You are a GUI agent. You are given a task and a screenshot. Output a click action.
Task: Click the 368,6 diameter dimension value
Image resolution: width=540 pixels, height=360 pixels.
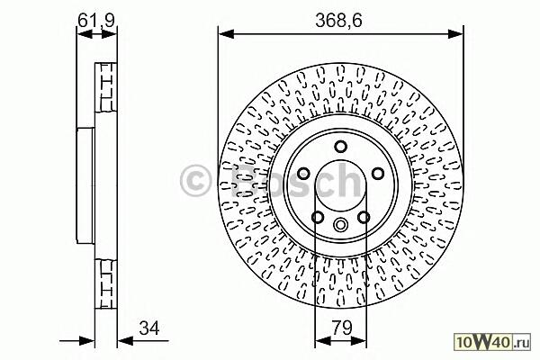(338, 22)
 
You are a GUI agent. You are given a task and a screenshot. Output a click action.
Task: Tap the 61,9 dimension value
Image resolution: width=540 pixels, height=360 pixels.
(96, 21)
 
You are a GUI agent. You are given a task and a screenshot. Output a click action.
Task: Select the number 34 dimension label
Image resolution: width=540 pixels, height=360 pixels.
(149, 328)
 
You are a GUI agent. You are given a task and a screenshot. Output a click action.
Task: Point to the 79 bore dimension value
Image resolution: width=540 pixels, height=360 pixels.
(342, 328)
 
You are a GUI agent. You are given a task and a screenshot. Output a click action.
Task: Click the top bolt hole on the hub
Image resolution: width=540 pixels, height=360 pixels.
(341, 147)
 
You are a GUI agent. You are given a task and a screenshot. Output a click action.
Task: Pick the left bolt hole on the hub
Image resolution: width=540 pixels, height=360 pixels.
(303, 174)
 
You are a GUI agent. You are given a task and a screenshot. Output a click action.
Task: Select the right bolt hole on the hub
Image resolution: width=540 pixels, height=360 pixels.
(378, 174)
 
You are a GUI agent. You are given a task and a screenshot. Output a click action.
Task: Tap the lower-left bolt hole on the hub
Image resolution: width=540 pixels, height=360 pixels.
(318, 218)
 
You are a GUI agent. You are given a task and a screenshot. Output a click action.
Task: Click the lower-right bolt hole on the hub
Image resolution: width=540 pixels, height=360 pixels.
(364, 218)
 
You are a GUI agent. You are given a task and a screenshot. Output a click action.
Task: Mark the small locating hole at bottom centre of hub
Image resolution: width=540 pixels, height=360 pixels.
(340, 225)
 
